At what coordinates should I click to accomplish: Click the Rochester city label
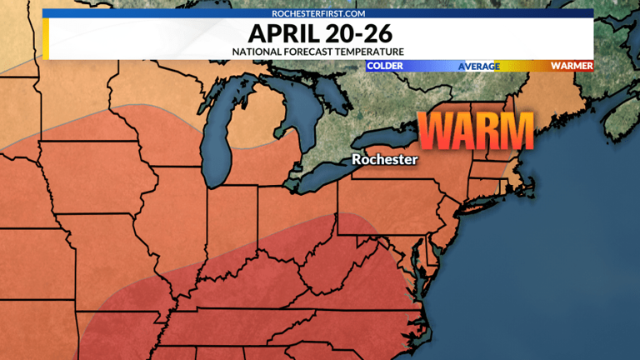384,158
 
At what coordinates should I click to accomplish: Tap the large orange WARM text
475,131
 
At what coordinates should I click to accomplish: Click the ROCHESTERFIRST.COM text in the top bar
319,13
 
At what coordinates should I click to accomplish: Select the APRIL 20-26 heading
319,35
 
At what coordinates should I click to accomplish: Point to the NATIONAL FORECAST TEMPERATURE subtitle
319,52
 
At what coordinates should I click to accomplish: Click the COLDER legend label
384,65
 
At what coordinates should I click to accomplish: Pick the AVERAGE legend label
479,65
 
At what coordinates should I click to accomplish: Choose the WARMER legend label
572,65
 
